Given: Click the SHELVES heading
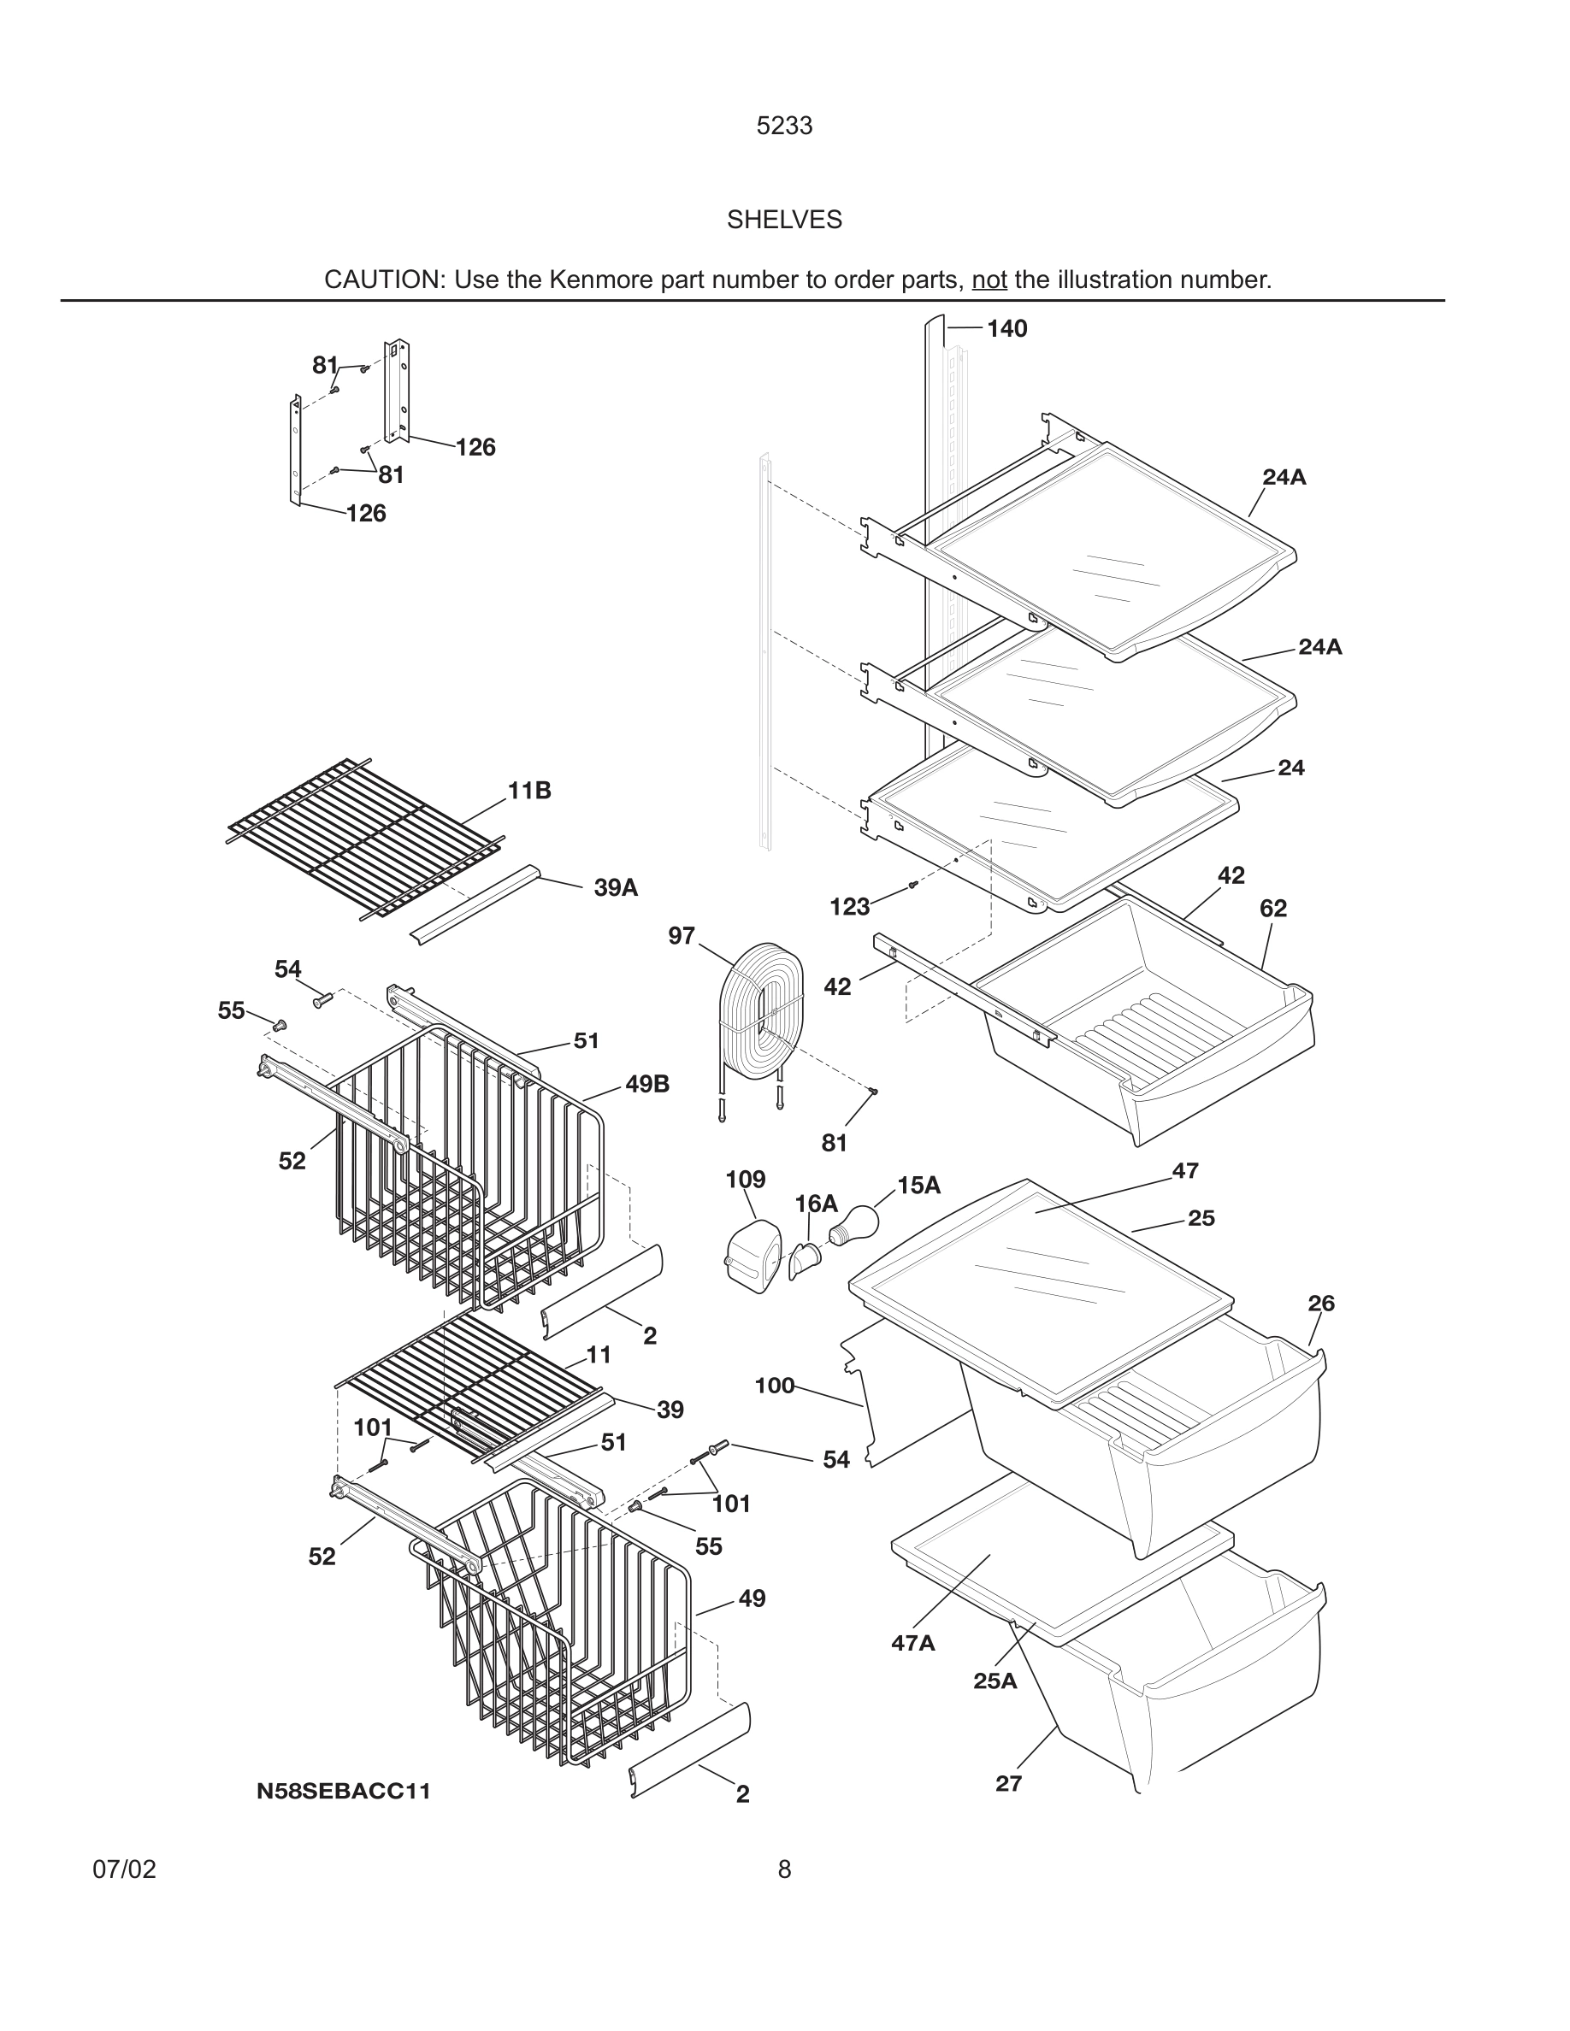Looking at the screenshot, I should (784, 220).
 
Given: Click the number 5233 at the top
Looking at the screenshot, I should (784, 126).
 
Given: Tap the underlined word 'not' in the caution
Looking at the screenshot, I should (989, 280).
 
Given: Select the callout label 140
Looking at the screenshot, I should (1006, 328).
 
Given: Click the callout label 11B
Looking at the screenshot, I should (529, 791).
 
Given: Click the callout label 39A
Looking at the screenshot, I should (616, 887).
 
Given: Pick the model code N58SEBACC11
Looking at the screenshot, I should (343, 1791).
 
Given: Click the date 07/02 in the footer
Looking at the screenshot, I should (124, 1869).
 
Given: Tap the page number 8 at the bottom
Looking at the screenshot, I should (784, 1869).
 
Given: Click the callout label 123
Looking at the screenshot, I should (849, 907).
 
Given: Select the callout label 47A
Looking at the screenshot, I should (912, 1643).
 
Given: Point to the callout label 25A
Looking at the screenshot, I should (995, 1681).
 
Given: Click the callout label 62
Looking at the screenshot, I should (1272, 908).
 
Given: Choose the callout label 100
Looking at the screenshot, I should (774, 1386).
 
